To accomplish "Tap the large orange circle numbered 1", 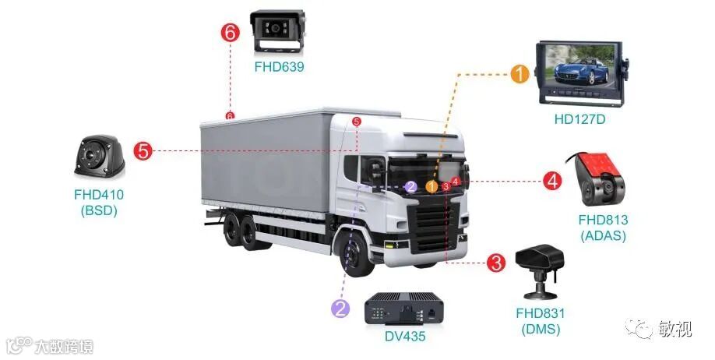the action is [x=520, y=74].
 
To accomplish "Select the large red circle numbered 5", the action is [x=143, y=150].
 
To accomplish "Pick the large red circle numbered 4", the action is [x=552, y=182].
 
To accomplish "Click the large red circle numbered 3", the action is [x=496, y=263].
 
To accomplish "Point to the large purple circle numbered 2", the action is [x=340, y=308].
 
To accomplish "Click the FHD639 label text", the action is [x=279, y=67].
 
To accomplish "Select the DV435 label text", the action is [x=407, y=337].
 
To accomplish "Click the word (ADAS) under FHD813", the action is [x=603, y=235].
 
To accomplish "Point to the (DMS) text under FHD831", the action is [x=541, y=329].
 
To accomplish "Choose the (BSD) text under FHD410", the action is [x=98, y=210].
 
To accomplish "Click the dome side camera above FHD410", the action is [x=99, y=157].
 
